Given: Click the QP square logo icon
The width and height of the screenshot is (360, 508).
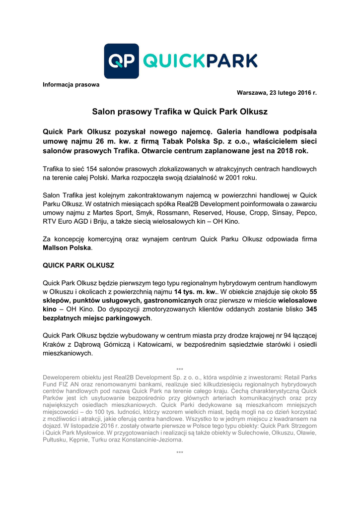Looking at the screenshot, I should pyautogui.click(x=121, y=61).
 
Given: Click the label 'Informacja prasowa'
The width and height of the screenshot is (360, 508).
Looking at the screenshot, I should pyautogui.click(x=71, y=84).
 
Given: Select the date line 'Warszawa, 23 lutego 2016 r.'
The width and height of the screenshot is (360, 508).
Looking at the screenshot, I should pyautogui.click(x=277, y=93).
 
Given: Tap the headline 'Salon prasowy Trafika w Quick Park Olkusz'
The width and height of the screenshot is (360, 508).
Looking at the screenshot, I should pyautogui.click(x=180, y=112).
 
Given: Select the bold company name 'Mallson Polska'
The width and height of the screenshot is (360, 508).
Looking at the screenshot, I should pyautogui.click(x=67, y=248).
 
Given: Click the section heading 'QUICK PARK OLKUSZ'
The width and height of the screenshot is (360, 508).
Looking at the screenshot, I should pyautogui.click(x=78, y=265).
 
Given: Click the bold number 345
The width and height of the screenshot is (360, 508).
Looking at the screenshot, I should pyautogui.click(x=311, y=309).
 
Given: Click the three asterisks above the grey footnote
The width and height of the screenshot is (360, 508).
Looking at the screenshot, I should pyautogui.click(x=180, y=370).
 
